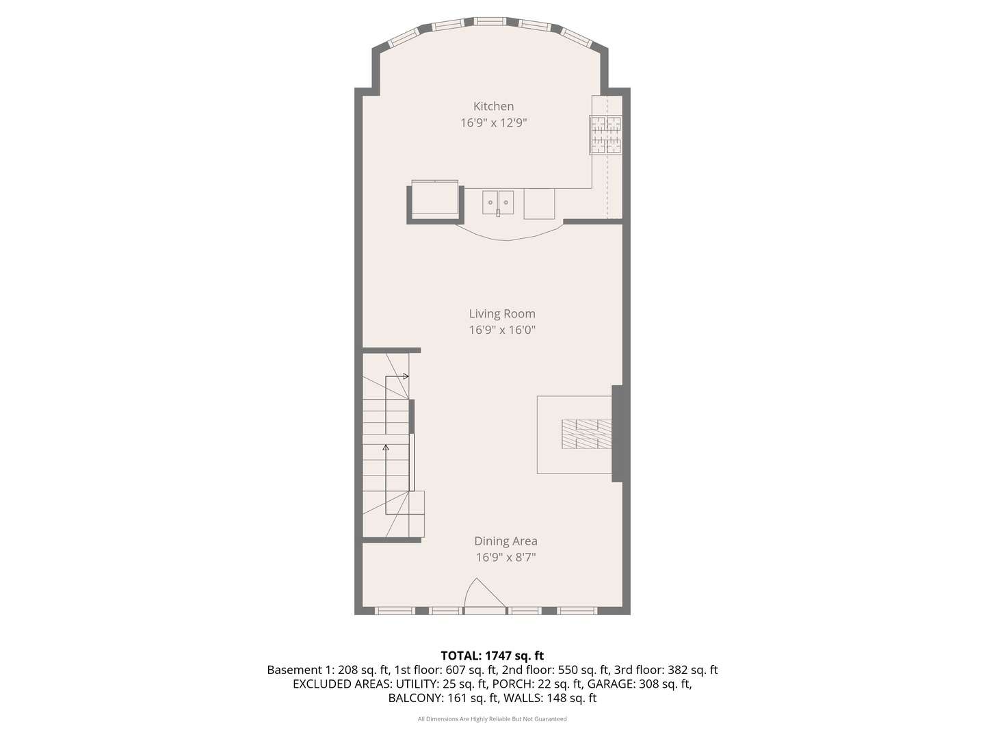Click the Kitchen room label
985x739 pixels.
(x=493, y=106)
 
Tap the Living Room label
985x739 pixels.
(x=501, y=313)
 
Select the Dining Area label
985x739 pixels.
(x=505, y=541)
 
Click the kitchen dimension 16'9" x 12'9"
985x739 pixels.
(x=493, y=123)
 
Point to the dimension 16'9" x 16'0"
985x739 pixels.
(x=501, y=330)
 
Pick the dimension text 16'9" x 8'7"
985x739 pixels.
(x=505, y=557)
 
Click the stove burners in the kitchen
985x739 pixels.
(x=606, y=134)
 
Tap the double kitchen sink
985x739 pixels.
(x=498, y=203)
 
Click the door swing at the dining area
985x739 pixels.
(x=483, y=594)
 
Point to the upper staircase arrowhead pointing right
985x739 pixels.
(x=406, y=376)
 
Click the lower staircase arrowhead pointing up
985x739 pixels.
(x=386, y=448)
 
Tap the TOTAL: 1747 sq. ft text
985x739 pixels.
(x=492, y=656)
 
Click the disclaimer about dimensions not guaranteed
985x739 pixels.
(x=492, y=719)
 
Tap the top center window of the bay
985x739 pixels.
(x=490, y=21)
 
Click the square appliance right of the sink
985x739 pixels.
(x=539, y=203)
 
